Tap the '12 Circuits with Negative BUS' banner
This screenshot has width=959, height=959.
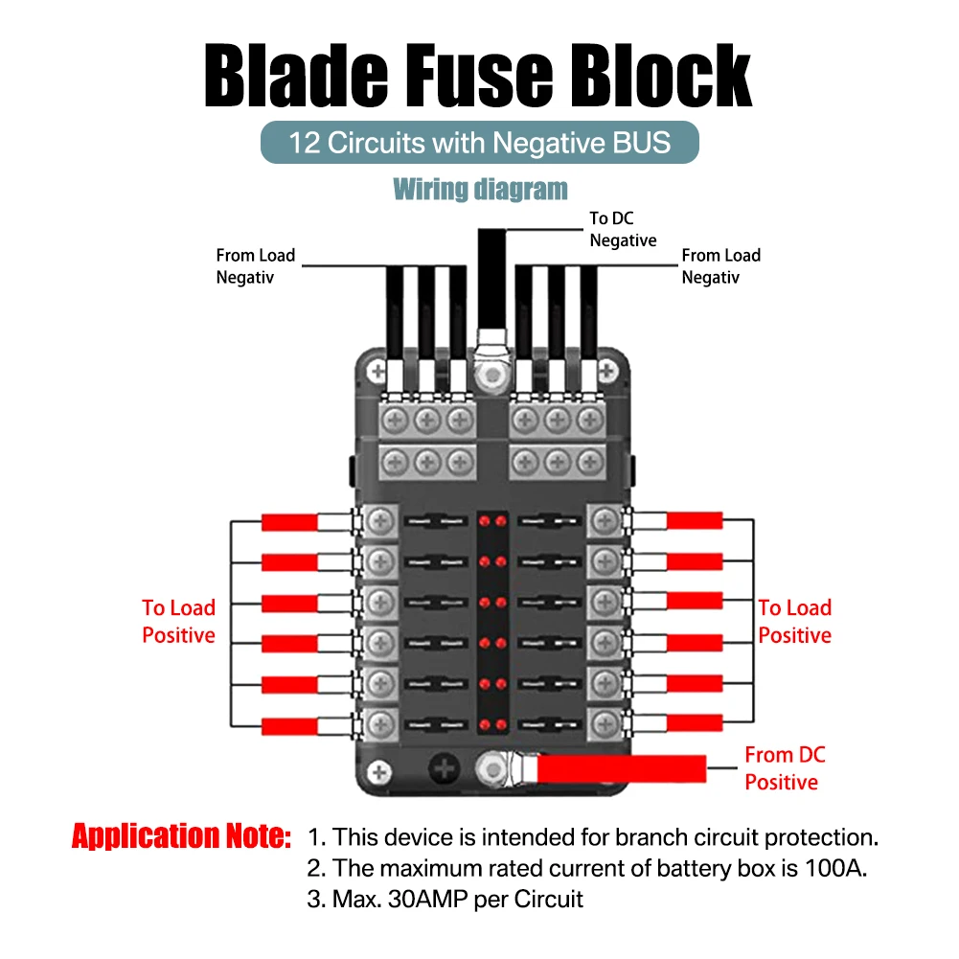[480, 143]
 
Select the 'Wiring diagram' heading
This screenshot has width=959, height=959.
[480, 189]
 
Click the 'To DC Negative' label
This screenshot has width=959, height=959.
[623, 230]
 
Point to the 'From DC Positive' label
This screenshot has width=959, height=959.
[784, 768]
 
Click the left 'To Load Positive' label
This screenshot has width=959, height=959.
[179, 621]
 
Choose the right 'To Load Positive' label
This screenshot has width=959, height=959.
[794, 621]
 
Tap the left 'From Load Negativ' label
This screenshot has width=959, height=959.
[256, 266]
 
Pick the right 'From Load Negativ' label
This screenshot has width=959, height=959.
[720, 266]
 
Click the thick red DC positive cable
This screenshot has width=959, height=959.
[623, 766]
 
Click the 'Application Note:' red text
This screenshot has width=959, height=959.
[181, 836]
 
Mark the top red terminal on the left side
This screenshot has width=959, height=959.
[289, 522]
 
